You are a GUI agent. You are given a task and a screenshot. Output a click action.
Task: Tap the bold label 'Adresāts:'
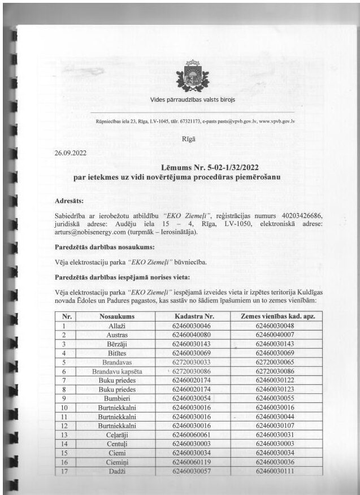point(70,201)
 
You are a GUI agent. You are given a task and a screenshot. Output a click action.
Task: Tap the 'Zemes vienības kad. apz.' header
point(275,316)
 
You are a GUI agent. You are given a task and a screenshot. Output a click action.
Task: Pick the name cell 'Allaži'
point(116,326)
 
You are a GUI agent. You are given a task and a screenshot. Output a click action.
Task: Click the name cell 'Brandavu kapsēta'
point(116,372)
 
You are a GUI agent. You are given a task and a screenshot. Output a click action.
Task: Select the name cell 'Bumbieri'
point(116,399)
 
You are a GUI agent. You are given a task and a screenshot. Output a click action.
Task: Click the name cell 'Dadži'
point(116,472)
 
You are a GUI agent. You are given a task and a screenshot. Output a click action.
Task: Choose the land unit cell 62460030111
point(275,472)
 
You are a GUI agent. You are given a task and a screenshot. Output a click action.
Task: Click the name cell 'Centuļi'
point(116,444)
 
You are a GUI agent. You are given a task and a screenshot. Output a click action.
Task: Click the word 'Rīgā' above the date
point(188,138)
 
